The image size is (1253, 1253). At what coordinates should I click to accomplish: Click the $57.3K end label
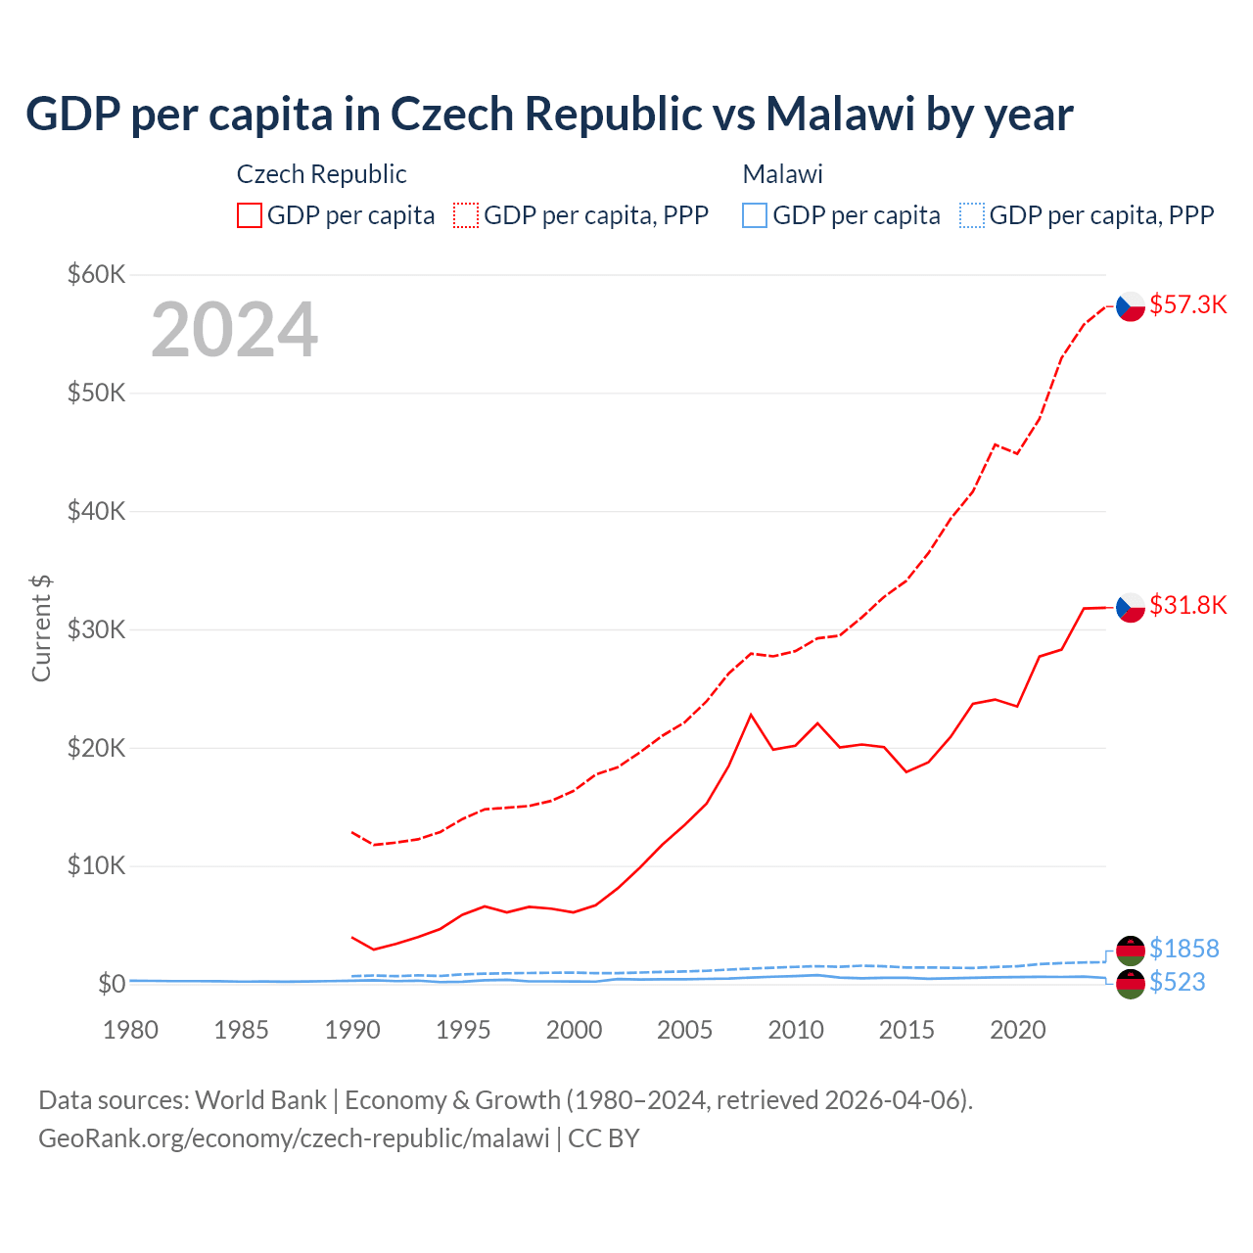click(x=1187, y=304)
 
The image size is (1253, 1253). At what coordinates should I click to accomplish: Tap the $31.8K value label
click(x=1187, y=605)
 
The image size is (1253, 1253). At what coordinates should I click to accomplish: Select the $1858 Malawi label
click(x=1183, y=949)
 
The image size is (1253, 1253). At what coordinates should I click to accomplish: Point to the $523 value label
click(x=1177, y=982)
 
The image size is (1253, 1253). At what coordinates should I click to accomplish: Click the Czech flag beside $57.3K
click(x=1131, y=306)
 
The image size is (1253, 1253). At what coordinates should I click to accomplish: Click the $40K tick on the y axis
click(x=96, y=511)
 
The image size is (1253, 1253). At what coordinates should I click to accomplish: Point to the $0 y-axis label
click(x=112, y=984)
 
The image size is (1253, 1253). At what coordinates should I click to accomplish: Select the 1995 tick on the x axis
click(x=463, y=1030)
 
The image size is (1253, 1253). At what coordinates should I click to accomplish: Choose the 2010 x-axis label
click(x=796, y=1030)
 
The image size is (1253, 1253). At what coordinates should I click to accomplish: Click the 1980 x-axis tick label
click(x=130, y=1030)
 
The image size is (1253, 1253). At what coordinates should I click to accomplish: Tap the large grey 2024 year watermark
click(x=234, y=330)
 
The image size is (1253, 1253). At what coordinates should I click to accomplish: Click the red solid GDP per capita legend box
click(x=250, y=215)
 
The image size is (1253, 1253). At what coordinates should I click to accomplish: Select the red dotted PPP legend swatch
click(x=466, y=215)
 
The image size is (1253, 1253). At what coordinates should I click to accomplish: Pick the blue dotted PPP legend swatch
click(x=972, y=215)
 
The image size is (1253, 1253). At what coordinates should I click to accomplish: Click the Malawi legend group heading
click(x=782, y=174)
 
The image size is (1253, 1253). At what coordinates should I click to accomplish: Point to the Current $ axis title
click(x=41, y=628)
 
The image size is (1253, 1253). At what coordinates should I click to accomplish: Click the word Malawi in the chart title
click(x=840, y=114)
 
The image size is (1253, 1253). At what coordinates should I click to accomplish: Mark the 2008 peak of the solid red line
click(x=751, y=715)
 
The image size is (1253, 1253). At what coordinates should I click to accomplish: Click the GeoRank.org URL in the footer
click(x=294, y=1138)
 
